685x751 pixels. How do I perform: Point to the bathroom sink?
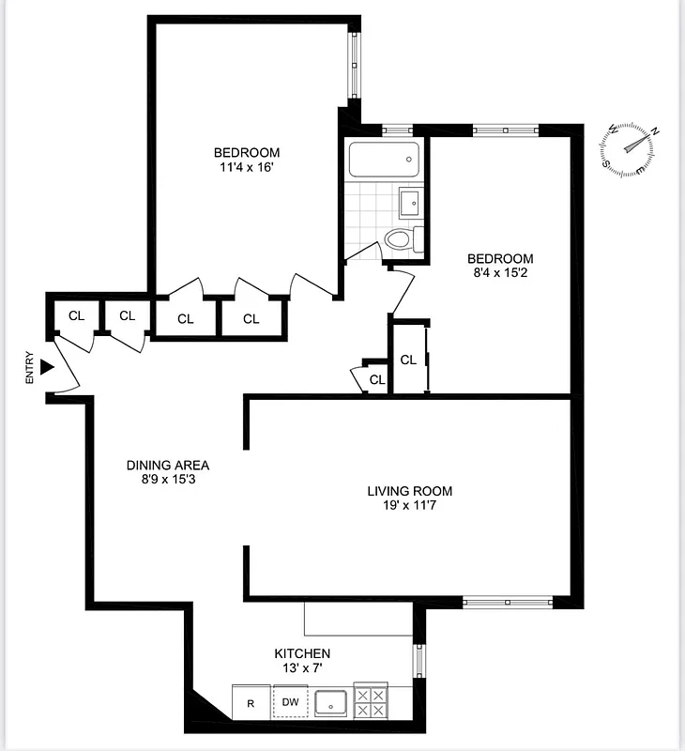411,201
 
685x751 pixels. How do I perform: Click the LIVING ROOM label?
409,491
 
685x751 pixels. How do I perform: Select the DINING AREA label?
168,465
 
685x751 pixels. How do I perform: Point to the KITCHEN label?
301,653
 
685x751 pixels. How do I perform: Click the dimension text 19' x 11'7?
409,507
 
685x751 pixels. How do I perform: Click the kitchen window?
419,661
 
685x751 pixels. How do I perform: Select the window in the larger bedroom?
354,66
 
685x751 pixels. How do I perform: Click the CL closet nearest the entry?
76,315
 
